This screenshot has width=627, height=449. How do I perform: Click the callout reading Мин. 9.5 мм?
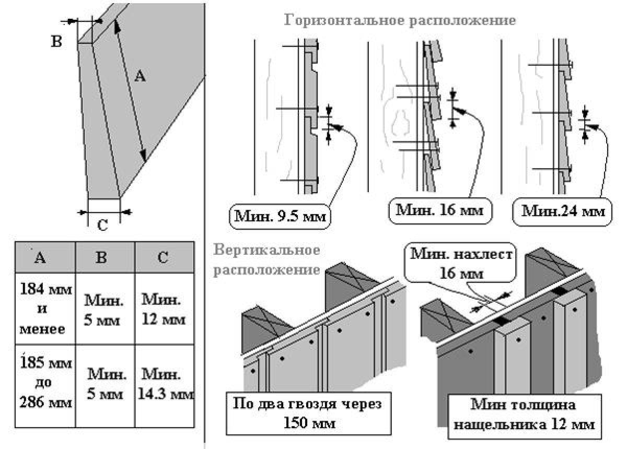(x=281, y=215)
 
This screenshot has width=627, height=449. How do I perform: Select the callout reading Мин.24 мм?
(x=563, y=211)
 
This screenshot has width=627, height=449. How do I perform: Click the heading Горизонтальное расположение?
(x=400, y=21)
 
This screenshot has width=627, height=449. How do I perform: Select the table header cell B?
(x=104, y=257)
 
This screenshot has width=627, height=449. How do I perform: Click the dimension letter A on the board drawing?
(x=140, y=77)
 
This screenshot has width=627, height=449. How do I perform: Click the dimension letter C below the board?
(x=103, y=226)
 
